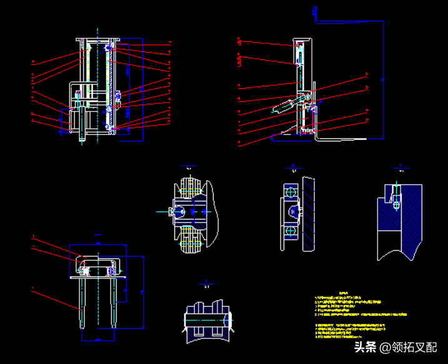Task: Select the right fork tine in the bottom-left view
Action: point(116,302)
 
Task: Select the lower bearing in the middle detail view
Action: point(290,231)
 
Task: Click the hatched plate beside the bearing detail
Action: point(309,213)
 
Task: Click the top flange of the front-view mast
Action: point(97,40)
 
